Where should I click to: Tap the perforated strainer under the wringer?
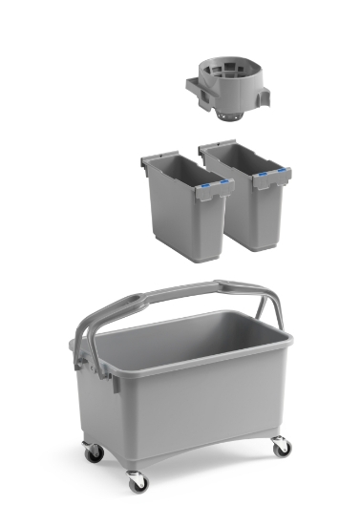227,115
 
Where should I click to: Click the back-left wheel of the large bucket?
94,452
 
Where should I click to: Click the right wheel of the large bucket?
280,445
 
